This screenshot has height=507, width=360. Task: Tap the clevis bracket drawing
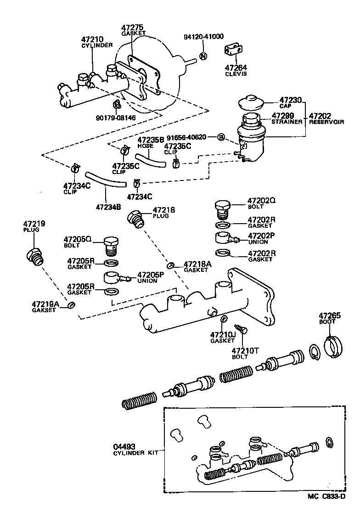coord(233,52)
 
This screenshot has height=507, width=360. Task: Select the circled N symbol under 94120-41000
coord(203,56)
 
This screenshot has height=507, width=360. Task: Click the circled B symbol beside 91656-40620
coord(221,137)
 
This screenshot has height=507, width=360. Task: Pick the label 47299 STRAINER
coord(287,118)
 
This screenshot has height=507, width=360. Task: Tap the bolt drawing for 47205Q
coord(111,246)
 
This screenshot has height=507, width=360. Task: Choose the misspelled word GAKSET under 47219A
coord(45,310)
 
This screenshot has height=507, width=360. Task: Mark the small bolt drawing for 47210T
coord(243,329)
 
